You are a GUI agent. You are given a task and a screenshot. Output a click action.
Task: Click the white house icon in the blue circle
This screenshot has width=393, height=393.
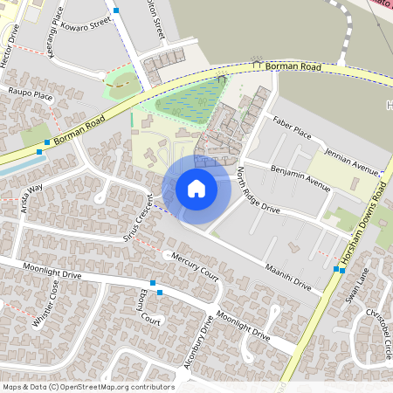[196, 188]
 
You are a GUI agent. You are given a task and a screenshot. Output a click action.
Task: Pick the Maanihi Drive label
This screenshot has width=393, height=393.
[289, 277]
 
